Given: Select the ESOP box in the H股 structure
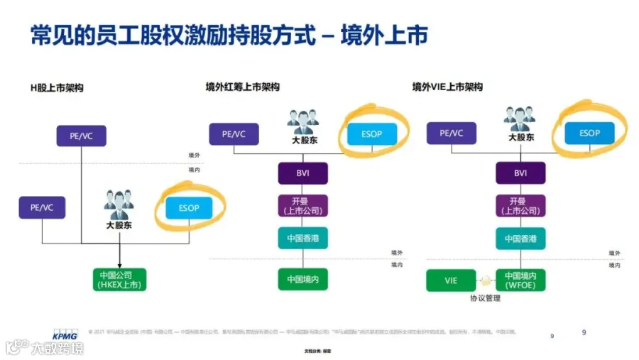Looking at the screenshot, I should tap(188, 207).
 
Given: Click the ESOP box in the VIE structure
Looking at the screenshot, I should tap(589, 133).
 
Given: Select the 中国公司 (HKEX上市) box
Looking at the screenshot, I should tap(119, 280).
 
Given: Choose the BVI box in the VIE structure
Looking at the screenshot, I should tap(521, 173).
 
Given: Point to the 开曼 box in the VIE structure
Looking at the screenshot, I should tap(521, 206).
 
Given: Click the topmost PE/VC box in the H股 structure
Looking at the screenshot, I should tap(81, 135).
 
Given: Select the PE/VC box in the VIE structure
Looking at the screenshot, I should tap(452, 133).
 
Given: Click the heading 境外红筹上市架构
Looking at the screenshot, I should tap(242, 87).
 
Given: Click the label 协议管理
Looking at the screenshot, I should tap(485, 298).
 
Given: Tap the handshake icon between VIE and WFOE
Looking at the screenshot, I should tap(486, 280).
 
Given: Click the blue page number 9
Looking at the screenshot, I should tap(584, 332).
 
